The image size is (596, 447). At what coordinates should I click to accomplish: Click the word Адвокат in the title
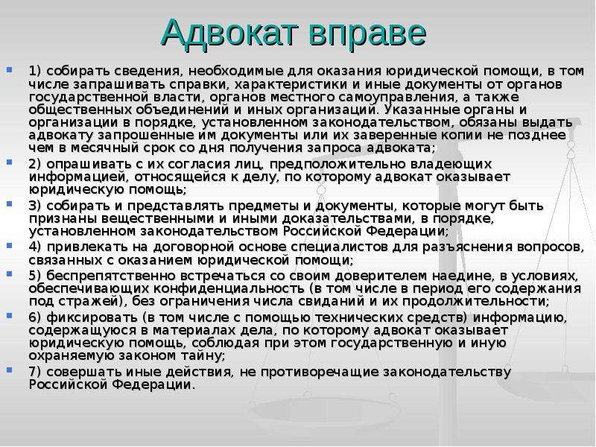click(229, 33)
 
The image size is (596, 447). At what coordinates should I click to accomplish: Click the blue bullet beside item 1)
click(9, 70)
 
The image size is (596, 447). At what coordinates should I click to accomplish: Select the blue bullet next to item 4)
click(9, 246)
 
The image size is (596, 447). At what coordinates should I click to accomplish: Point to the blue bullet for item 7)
click(9, 370)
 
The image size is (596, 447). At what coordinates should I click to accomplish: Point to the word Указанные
click(421, 110)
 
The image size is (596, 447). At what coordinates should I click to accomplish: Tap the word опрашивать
click(86, 165)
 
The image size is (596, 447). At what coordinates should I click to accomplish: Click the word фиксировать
click(92, 318)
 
